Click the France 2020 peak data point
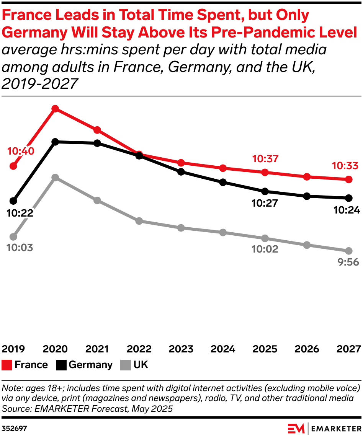coord(56,109)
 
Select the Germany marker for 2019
coord(13,201)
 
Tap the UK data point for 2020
coord(56,178)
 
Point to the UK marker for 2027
coord(348,251)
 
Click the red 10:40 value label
coord(21,151)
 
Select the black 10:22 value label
coord(20,213)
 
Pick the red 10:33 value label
coord(345,166)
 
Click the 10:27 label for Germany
coord(265,203)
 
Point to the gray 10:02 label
coord(265,249)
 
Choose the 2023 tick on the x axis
coord(181,349)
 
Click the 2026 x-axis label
coord(307,349)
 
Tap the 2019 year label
coord(13,349)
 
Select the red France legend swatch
coord(7,365)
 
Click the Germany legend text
coord(91,365)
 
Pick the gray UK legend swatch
coord(126,365)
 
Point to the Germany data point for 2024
coord(223,182)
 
